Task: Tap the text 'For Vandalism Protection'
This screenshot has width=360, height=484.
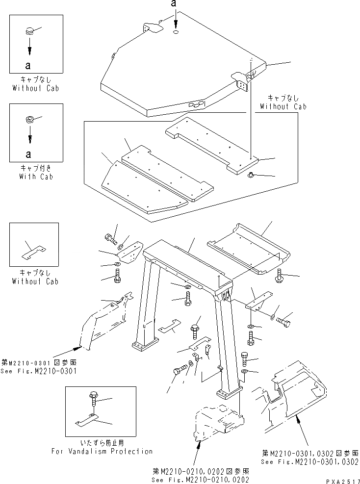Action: pos(102,451)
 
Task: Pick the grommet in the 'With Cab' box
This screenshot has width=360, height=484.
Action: pos(29,119)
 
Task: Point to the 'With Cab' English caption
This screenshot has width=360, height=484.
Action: pos(36,176)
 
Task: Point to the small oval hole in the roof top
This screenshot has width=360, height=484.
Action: pos(176,32)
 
